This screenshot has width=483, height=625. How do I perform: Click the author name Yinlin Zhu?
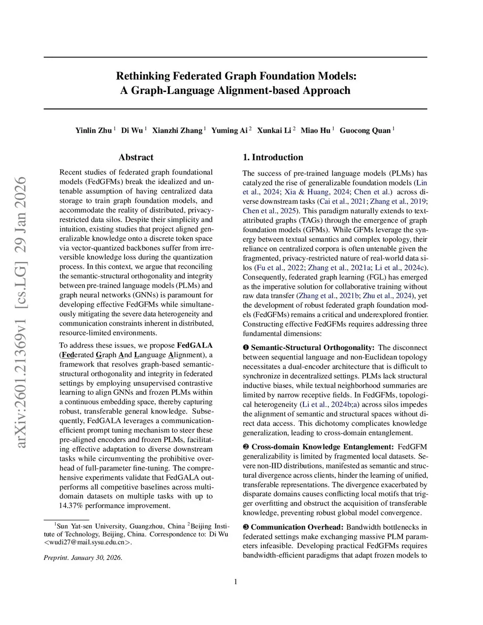point(94,131)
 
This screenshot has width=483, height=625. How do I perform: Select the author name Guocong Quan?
point(365,131)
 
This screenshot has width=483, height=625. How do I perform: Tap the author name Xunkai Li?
point(274,131)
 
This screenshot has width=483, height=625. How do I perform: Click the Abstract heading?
point(136,158)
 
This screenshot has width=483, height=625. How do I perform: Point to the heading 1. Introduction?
point(273,158)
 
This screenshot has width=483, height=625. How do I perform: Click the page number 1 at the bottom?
point(235,582)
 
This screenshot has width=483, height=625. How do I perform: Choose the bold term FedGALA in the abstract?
point(194,345)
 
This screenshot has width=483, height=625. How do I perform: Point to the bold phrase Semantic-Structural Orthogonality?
point(312,348)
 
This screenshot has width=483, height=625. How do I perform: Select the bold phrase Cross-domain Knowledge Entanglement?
point(322,447)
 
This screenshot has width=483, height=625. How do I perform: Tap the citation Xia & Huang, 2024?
point(316,192)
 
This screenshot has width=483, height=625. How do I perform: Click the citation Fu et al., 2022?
point(280,267)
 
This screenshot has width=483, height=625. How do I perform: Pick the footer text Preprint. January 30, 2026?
point(83,558)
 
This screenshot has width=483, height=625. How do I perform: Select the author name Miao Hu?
point(316,131)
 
